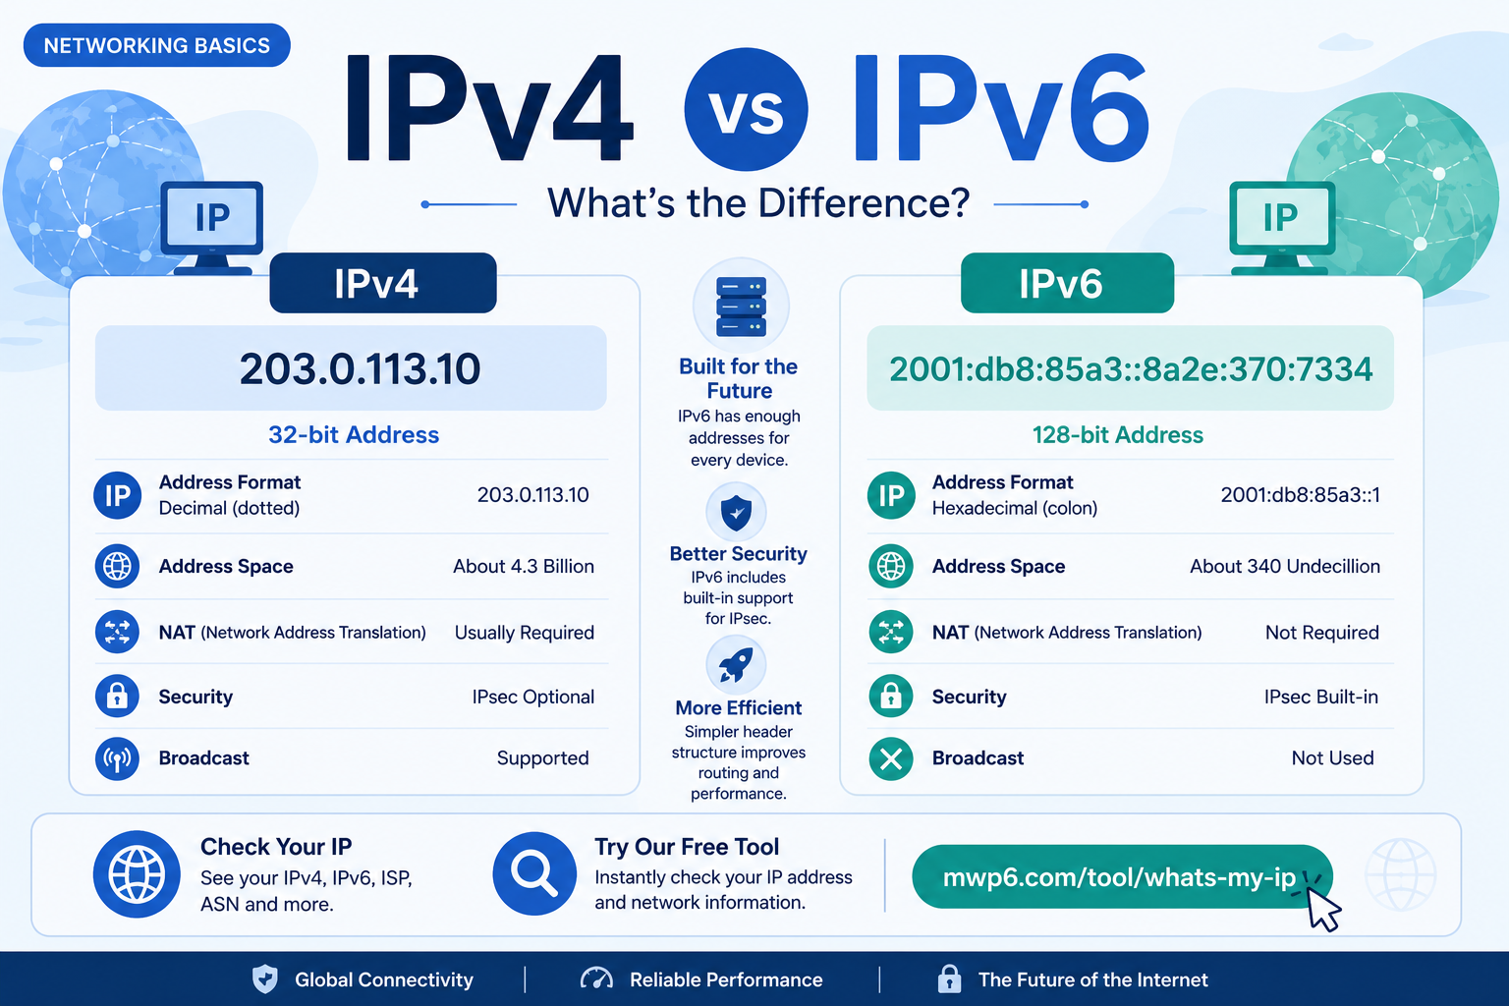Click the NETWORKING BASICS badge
[157, 45]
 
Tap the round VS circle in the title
[746, 109]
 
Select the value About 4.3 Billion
[524, 566]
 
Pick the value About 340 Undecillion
[1285, 566]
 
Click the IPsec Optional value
[532, 697]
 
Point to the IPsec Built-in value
[1321, 697]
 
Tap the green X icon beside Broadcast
[891, 758]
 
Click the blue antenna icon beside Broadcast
[117, 758]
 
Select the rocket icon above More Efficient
[736, 665]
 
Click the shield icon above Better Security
[736, 512]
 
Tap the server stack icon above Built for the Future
[741, 306]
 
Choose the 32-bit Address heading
[354, 434]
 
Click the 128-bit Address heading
[1118, 434]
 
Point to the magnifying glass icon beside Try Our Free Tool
[534, 873]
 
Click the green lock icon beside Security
[891, 697]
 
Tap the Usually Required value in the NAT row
[524, 633]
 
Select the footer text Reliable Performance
[726, 979]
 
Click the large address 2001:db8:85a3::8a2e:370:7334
[1131, 368]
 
